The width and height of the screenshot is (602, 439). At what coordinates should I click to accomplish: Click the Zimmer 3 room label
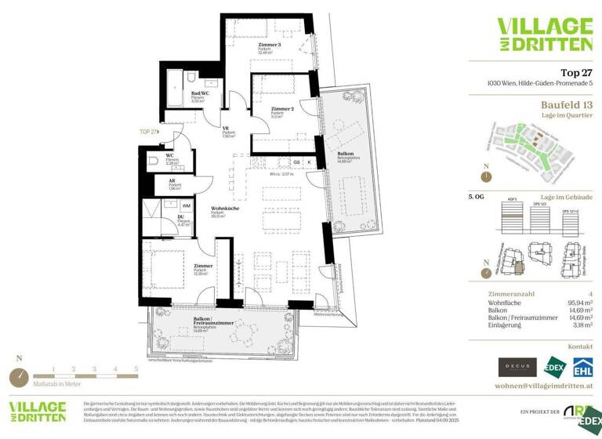(269, 45)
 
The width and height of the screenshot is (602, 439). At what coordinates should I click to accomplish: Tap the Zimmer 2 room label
(281, 109)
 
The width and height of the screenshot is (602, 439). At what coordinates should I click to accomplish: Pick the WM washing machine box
(187, 206)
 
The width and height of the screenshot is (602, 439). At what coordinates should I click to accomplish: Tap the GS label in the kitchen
(297, 162)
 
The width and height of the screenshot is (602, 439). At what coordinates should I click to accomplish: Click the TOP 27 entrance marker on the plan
(149, 132)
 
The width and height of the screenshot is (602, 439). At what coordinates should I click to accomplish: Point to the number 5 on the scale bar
(136, 368)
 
